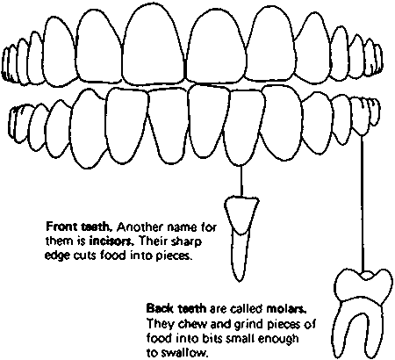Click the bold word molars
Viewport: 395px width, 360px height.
pyautogui.click(x=287, y=309)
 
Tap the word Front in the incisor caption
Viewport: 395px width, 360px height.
pyautogui.click(x=60, y=227)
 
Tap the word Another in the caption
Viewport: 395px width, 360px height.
pyautogui.click(x=140, y=227)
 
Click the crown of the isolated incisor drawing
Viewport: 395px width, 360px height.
pyautogui.click(x=241, y=212)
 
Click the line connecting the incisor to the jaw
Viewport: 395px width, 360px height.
pyautogui.click(x=241, y=181)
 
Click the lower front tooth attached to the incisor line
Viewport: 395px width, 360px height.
pyautogui.click(x=243, y=127)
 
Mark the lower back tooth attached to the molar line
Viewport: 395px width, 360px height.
pyautogui.click(x=359, y=117)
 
